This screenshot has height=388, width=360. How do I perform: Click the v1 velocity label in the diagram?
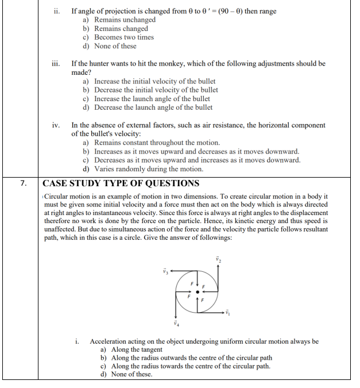coord(227,313)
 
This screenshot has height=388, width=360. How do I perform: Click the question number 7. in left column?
coord(24,184)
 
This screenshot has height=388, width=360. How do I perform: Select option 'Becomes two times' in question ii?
coord(124,37)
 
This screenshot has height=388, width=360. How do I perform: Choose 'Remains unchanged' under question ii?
coord(125,20)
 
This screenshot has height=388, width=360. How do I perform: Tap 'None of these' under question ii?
coord(115,46)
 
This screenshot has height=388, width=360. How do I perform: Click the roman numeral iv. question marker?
coord(56,125)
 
